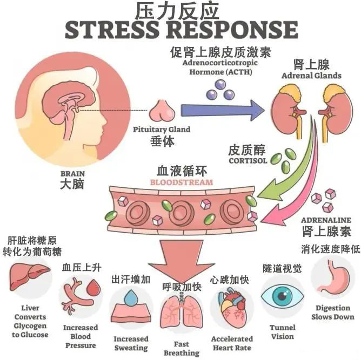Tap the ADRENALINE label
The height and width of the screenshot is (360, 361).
pos(326,220)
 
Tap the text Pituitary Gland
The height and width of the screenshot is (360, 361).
pos(155,130)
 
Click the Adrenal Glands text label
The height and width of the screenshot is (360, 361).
pos(312,76)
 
